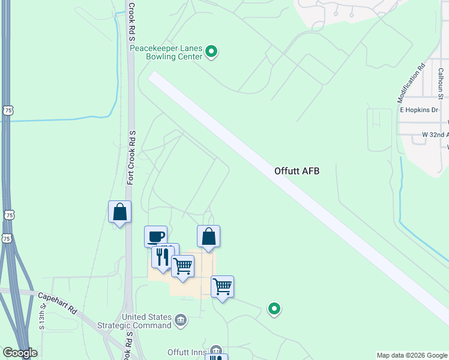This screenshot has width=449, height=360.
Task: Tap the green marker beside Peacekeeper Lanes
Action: coord(211,52)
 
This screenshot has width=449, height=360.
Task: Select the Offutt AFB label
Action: coord(297,171)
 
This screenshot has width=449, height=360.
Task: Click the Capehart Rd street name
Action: coord(58,302)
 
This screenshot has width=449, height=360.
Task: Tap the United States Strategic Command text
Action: coord(147,321)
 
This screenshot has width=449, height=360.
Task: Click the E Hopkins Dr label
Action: coord(419,110)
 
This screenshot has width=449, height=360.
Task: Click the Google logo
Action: coord(20,353)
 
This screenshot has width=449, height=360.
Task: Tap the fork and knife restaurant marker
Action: coord(162,256)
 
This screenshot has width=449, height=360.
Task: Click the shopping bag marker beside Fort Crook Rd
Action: coord(119,211)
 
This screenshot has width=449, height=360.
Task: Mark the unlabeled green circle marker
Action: coord(274,309)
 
